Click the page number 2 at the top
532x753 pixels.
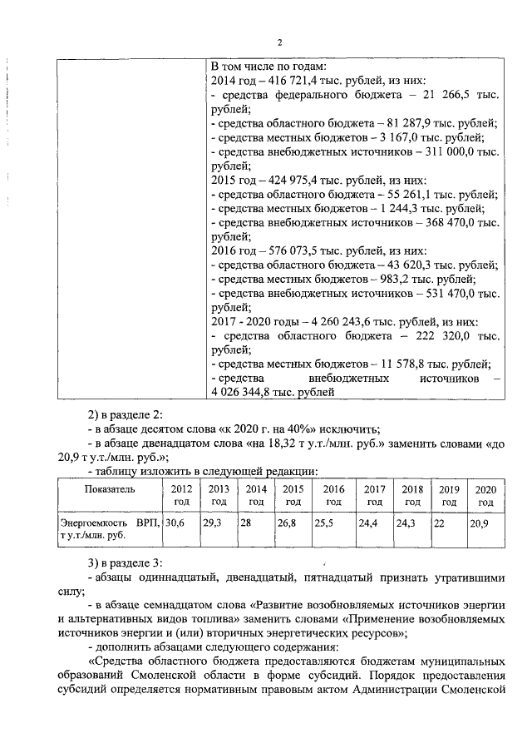(x=279, y=41)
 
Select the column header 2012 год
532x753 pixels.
(x=181, y=495)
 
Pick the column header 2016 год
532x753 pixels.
(x=333, y=495)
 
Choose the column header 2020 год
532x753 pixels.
(x=485, y=495)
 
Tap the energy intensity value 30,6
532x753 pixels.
(x=174, y=523)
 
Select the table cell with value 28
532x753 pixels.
(x=246, y=523)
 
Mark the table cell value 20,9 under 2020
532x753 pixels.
(x=480, y=523)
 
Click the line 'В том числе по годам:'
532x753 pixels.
(x=268, y=66)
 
